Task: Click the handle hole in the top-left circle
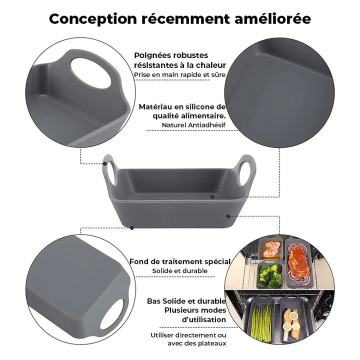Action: point(90,72)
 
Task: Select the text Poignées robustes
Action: point(164,55)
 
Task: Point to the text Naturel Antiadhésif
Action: point(193,125)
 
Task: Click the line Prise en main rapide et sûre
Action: point(179,75)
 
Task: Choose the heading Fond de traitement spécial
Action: point(179,261)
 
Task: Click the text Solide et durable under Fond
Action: point(179,271)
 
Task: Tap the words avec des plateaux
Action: point(197,343)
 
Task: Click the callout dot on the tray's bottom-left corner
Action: point(132,227)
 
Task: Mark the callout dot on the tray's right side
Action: point(228,216)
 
